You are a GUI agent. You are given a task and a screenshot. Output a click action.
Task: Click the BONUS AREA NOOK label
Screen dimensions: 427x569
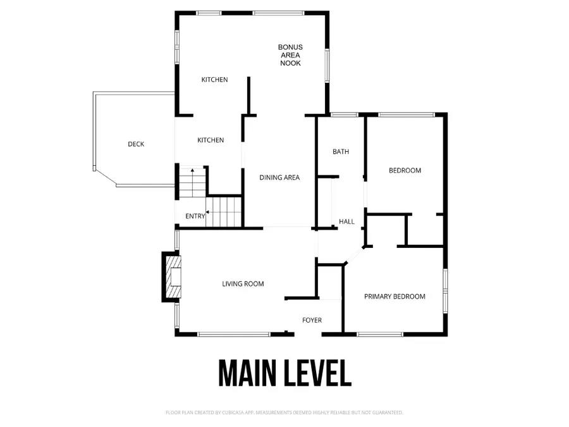(290, 55)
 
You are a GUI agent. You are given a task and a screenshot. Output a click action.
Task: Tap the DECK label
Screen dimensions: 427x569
(136, 144)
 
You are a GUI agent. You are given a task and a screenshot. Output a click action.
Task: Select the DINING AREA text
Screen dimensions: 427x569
(279, 178)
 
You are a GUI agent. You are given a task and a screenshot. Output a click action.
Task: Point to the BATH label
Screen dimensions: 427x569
(341, 152)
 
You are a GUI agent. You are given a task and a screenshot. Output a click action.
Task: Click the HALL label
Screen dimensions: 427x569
(346, 222)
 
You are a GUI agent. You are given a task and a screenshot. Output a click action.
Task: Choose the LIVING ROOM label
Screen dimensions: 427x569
(243, 284)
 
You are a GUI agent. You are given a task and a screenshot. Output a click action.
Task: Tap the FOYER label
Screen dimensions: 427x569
(312, 320)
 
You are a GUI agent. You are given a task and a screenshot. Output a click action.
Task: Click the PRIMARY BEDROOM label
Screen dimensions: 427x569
(395, 297)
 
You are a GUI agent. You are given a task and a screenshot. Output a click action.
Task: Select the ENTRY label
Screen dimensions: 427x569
(195, 216)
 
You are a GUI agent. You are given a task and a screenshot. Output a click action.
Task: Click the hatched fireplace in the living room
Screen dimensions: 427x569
(174, 276)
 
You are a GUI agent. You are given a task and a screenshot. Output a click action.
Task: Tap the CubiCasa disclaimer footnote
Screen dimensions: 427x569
(284, 412)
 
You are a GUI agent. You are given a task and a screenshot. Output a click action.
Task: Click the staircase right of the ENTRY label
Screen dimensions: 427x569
(226, 211)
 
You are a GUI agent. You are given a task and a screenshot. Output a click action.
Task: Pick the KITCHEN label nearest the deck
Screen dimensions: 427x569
(211, 140)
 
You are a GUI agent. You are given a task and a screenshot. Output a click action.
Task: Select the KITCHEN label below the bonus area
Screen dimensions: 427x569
(214, 80)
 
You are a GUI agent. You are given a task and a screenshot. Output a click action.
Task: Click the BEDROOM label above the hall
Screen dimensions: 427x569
(405, 171)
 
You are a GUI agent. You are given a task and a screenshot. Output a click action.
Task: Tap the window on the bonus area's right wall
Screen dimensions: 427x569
(327, 65)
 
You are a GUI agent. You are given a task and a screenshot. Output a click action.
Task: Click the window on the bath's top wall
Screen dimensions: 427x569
(345, 114)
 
